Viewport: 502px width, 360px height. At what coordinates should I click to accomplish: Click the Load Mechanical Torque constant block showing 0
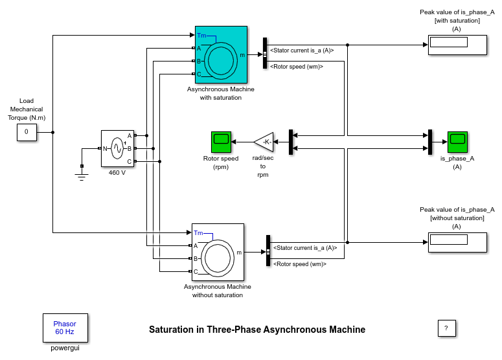click(x=27, y=132)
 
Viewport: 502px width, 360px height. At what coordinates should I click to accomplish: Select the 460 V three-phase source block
click(x=117, y=148)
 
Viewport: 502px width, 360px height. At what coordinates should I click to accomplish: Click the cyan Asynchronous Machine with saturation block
click(x=221, y=55)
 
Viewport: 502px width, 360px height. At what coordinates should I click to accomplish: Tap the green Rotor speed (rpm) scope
click(x=221, y=141)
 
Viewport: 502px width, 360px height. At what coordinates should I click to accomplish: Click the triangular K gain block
click(x=264, y=142)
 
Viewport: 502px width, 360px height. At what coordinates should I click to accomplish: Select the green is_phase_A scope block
click(x=457, y=141)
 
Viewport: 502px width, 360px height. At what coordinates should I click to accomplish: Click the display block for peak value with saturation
click(x=457, y=45)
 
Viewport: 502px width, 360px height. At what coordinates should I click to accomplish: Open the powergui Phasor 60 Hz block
click(x=65, y=328)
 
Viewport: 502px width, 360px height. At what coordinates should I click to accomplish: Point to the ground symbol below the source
click(x=82, y=175)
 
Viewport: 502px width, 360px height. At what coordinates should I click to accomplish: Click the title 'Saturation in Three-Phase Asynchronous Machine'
click(x=257, y=330)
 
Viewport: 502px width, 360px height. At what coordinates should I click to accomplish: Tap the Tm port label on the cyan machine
click(x=201, y=36)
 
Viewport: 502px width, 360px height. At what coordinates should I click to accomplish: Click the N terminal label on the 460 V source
click(x=106, y=148)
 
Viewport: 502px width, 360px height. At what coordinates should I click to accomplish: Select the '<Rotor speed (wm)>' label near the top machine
click(x=297, y=66)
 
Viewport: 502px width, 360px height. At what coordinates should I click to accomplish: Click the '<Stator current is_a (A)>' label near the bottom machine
click(x=304, y=247)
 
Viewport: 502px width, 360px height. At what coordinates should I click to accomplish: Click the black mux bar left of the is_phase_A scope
click(x=430, y=142)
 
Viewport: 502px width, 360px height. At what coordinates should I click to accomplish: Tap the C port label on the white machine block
click(x=196, y=271)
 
